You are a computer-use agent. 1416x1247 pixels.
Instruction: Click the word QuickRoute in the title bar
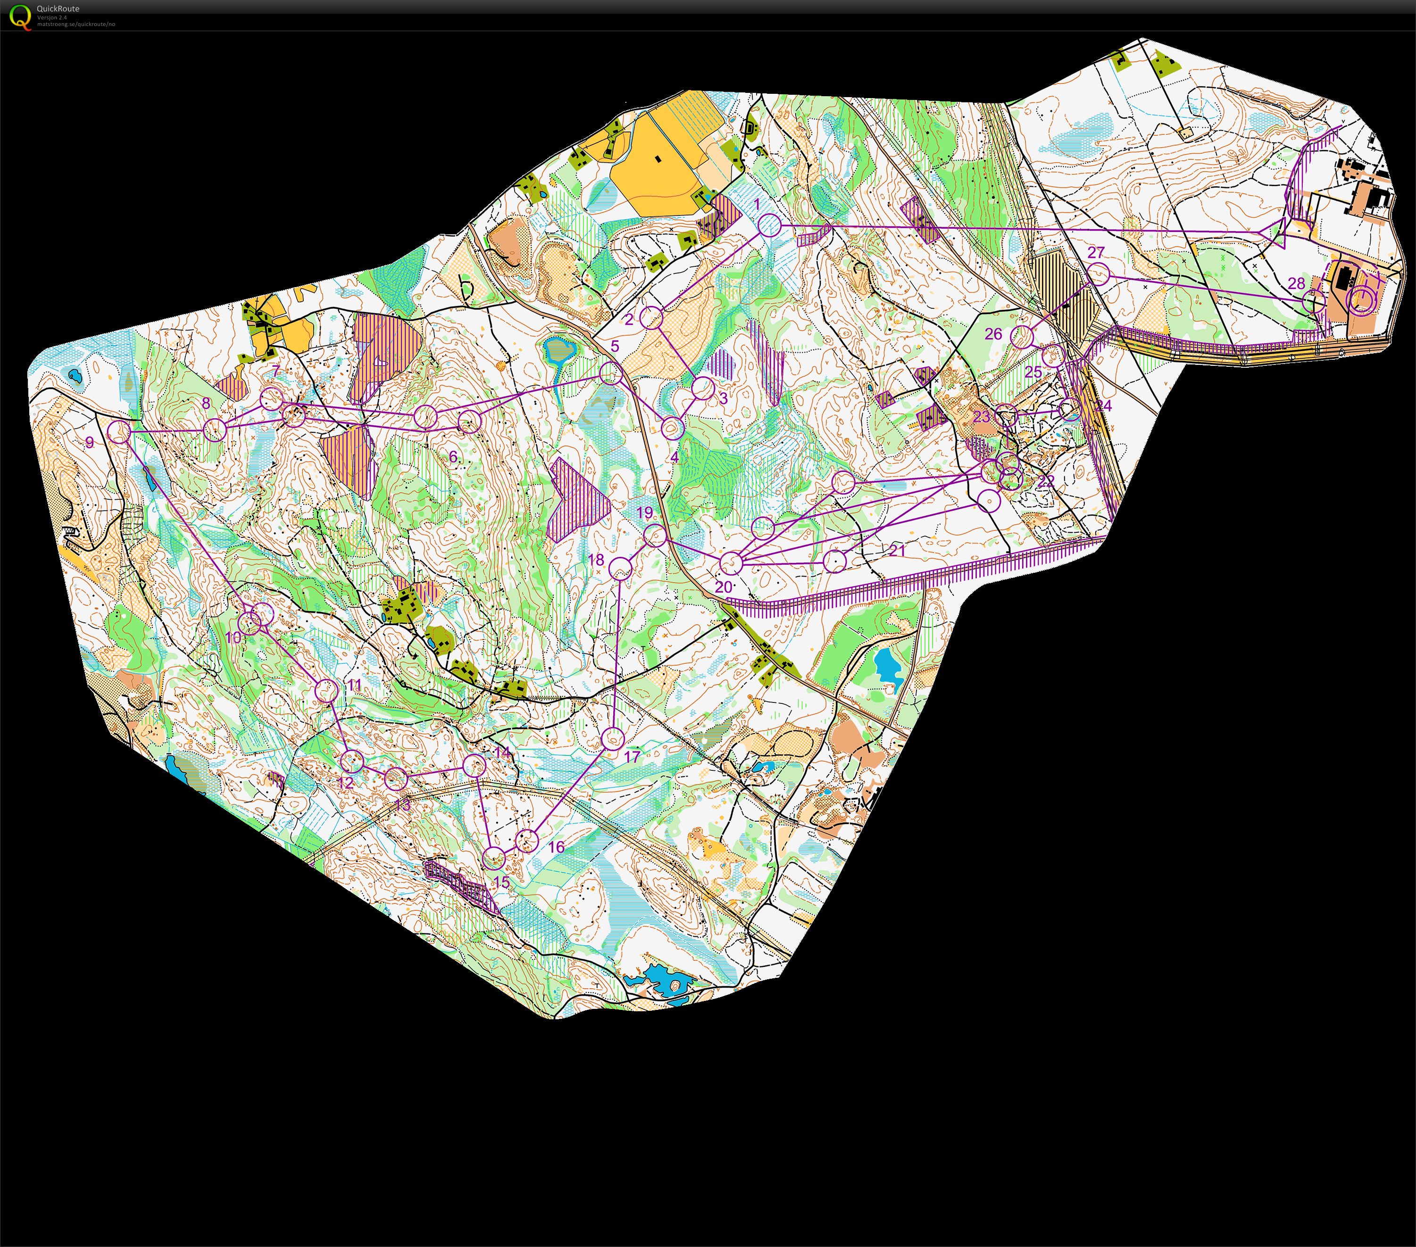coord(58,9)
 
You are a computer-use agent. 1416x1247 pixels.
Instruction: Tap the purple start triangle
coord(1274,231)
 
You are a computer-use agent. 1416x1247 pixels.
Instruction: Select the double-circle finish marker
coord(1362,300)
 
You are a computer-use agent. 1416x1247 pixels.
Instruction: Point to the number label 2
coord(629,319)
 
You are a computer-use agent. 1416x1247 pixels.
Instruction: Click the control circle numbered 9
coord(118,432)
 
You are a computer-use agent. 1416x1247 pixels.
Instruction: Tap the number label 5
coord(615,346)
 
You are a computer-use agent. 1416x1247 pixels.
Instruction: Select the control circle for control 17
coord(612,738)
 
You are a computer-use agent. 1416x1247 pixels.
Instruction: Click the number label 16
coord(556,846)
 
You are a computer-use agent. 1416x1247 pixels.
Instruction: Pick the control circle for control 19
coord(655,535)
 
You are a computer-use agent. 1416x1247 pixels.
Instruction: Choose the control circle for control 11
coord(326,690)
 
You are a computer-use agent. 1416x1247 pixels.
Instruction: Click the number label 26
coord(993,334)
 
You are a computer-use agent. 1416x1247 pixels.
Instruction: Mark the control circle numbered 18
coord(621,568)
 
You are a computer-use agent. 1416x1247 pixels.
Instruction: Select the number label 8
coord(206,403)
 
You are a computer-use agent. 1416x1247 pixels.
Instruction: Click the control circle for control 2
coord(651,318)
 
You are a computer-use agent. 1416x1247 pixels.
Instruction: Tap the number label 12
coord(345,783)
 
